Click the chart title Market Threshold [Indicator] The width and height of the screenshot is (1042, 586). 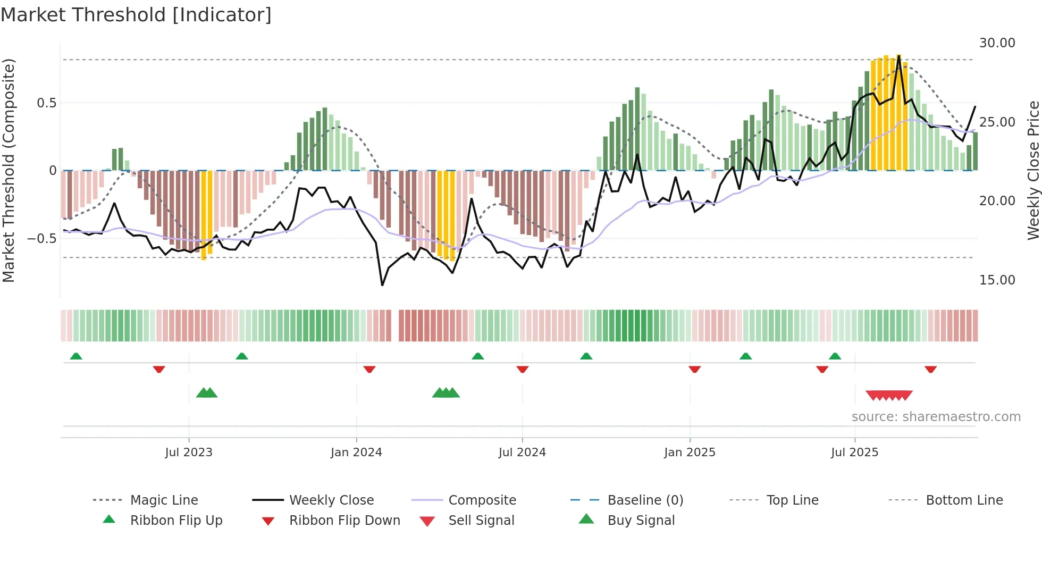136,15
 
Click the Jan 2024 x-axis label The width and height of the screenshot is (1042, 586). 356,452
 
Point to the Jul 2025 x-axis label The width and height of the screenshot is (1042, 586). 854,452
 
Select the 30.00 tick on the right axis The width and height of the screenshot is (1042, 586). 997,43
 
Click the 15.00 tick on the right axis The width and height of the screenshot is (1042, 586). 997,280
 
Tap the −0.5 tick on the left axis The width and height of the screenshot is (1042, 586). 41,238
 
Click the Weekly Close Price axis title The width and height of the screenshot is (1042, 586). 1033,170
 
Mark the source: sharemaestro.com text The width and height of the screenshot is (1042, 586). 936,416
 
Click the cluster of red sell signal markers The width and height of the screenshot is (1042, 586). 889,395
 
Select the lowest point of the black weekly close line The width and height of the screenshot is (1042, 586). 382,285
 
